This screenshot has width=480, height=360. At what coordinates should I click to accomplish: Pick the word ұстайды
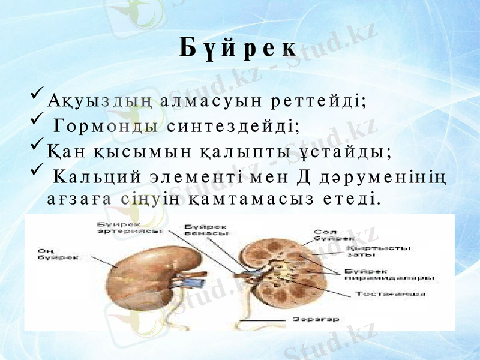tap(345, 152)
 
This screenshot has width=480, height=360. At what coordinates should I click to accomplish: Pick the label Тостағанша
tap(391, 294)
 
